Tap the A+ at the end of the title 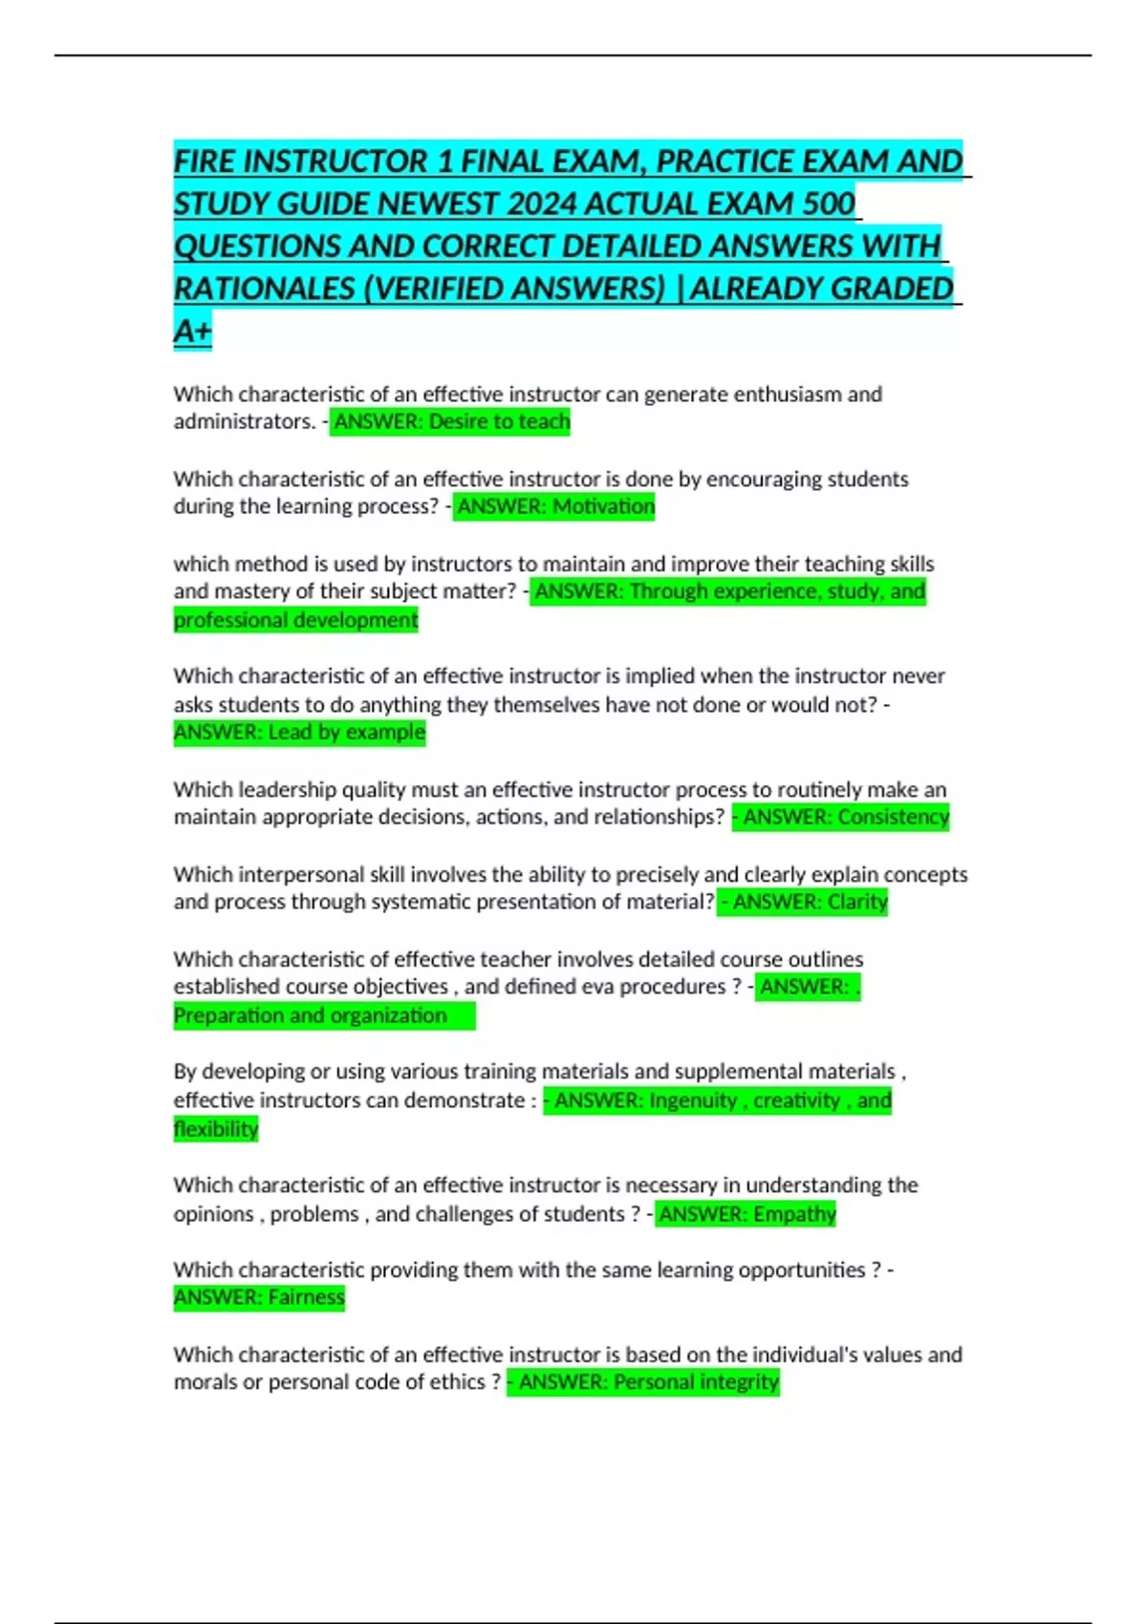(192, 331)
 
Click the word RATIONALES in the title (264, 288)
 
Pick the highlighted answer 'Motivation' (604, 506)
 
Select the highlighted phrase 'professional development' (295, 620)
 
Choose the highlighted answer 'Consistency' (893, 817)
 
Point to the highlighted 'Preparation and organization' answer (310, 1015)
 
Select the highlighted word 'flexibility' (216, 1129)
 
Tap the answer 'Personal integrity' (696, 1382)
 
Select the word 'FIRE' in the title (205, 161)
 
